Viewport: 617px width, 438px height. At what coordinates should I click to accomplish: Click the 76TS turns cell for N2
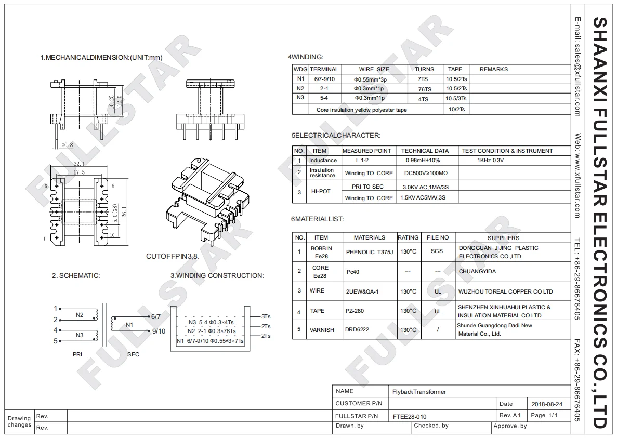(423, 89)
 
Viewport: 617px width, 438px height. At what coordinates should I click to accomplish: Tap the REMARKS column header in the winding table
(493, 69)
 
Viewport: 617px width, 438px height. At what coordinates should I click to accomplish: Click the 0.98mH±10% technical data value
(423, 160)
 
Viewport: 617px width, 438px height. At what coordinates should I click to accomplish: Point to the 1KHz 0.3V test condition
(490, 160)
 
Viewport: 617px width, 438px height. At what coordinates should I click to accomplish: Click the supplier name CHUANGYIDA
(477, 271)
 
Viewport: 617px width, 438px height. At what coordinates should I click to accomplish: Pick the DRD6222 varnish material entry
(357, 329)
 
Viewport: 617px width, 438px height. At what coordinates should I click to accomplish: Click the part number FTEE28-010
(410, 416)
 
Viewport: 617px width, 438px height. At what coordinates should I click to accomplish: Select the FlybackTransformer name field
(419, 392)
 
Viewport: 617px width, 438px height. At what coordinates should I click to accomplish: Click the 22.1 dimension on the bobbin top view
(78, 164)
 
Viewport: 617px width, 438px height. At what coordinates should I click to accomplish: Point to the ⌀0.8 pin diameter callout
(67, 145)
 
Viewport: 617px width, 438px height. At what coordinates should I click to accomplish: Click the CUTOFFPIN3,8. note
(172, 257)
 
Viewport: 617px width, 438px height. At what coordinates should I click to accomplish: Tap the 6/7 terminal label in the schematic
(155, 316)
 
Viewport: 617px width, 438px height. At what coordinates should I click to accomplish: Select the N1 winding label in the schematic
(129, 325)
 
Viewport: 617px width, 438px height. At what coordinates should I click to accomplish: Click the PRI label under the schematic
(78, 354)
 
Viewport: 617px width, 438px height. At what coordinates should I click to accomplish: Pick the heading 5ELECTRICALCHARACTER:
(336, 135)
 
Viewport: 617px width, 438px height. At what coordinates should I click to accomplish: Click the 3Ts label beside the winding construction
(266, 316)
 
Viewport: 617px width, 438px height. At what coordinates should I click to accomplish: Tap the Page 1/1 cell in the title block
(545, 415)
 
